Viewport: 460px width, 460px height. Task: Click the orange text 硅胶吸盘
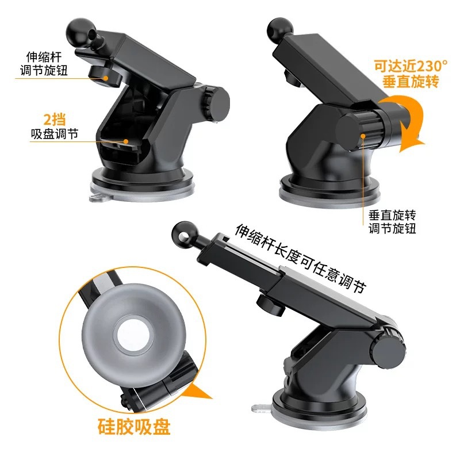tap(134, 426)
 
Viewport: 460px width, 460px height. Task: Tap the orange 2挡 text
tap(55, 120)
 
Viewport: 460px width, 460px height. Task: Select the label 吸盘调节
tap(55, 134)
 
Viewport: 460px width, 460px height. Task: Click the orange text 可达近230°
tap(411, 66)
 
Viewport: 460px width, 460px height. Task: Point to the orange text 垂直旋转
tap(411, 81)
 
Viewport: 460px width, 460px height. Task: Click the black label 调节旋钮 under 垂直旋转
tap(392, 228)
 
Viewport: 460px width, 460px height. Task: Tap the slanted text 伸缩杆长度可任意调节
tap(301, 258)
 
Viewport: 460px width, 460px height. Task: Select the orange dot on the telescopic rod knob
tap(105, 78)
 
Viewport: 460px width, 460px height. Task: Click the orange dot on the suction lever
tap(126, 141)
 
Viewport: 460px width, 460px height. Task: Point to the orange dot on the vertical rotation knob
tap(363, 136)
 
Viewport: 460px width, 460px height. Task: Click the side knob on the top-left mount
tap(217, 103)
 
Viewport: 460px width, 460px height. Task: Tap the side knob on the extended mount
tap(388, 350)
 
